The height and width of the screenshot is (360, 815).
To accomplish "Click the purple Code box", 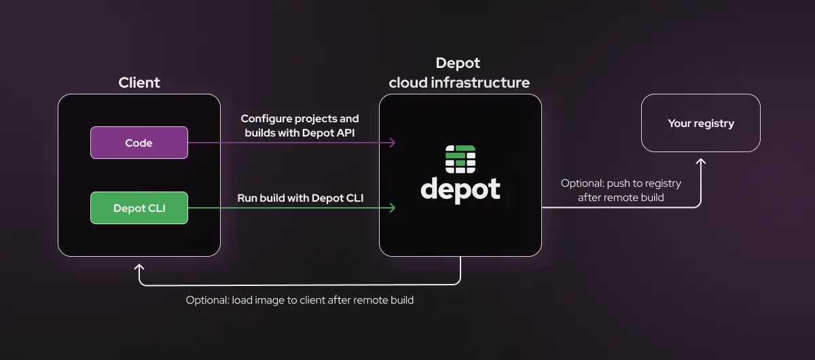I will point(139,143).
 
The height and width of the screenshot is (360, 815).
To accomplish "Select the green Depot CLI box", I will point(139,209).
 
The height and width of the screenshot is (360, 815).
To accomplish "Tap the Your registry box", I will point(701,123).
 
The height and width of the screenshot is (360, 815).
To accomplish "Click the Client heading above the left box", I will point(139,83).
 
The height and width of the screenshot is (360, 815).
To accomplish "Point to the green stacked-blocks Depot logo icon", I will point(460,160).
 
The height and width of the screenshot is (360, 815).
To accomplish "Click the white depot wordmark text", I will point(460,189).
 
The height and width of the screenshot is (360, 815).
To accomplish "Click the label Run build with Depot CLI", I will point(300,198).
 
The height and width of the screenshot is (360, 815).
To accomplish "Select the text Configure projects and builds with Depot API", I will point(300,126).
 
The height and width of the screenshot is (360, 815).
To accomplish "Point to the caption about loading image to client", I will point(300,300).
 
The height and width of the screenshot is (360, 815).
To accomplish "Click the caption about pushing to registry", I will point(621,190).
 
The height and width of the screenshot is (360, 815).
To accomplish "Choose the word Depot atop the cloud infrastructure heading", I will point(458,63).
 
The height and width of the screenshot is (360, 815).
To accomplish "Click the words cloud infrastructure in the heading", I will point(459,83).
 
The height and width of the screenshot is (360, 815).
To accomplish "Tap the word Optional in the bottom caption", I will point(206,300).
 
